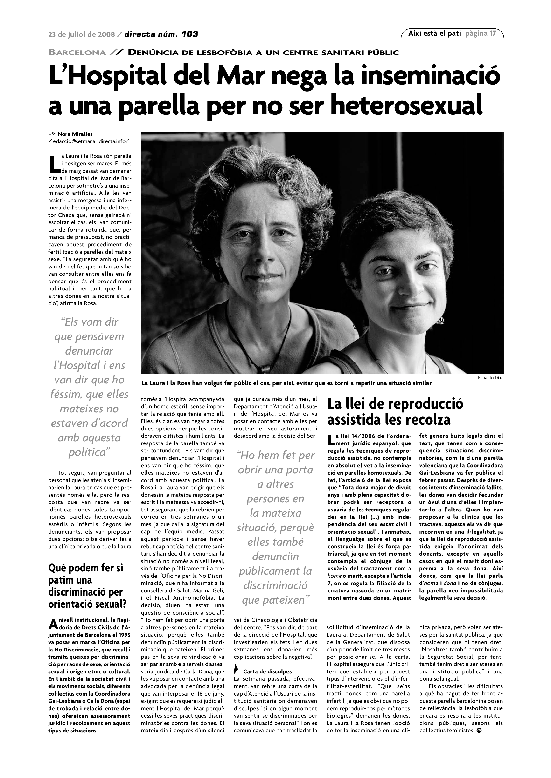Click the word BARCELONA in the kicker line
point(77,53)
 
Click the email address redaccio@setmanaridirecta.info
point(89,141)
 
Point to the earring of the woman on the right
point(441,320)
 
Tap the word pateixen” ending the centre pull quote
point(276,600)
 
